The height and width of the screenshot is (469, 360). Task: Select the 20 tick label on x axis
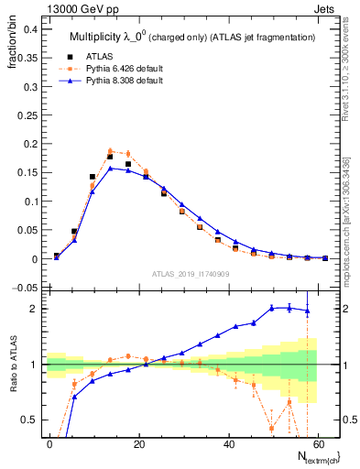coord(138,442)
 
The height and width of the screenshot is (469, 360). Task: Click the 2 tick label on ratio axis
coord(33,309)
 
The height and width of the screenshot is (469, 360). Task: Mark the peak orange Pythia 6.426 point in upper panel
coord(110,151)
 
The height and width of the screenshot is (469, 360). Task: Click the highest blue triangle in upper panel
coord(110,169)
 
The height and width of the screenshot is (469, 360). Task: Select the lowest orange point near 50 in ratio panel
coord(272,428)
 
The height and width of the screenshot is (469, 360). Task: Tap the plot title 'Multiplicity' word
coord(97,37)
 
